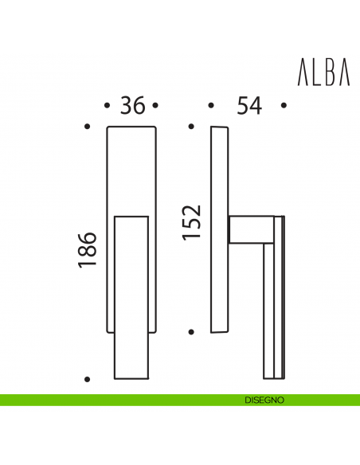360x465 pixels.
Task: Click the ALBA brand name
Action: [x=323, y=73]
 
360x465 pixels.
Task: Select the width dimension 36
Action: [x=132, y=105]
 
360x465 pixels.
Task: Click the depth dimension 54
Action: [x=246, y=105]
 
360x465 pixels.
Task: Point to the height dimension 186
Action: [x=88, y=250]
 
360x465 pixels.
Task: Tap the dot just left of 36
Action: [x=108, y=105]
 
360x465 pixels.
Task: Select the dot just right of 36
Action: [x=156, y=105]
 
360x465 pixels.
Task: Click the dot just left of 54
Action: [x=210, y=105]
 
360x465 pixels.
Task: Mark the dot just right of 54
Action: [x=283, y=105]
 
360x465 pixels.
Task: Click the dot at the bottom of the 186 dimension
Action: [x=88, y=379]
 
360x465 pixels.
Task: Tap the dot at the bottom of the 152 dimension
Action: [x=190, y=330]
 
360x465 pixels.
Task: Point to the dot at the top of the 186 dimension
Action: [x=88, y=127]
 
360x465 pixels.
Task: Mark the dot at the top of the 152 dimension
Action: [x=190, y=127]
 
